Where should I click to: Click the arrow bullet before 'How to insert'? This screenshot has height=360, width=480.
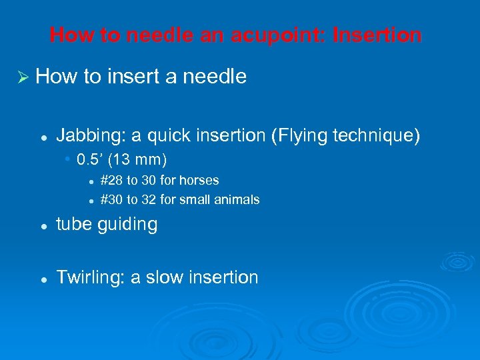21,77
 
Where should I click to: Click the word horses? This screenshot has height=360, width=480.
200,180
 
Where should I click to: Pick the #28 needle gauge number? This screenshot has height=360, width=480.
111,180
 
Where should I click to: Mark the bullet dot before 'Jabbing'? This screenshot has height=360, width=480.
43,137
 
